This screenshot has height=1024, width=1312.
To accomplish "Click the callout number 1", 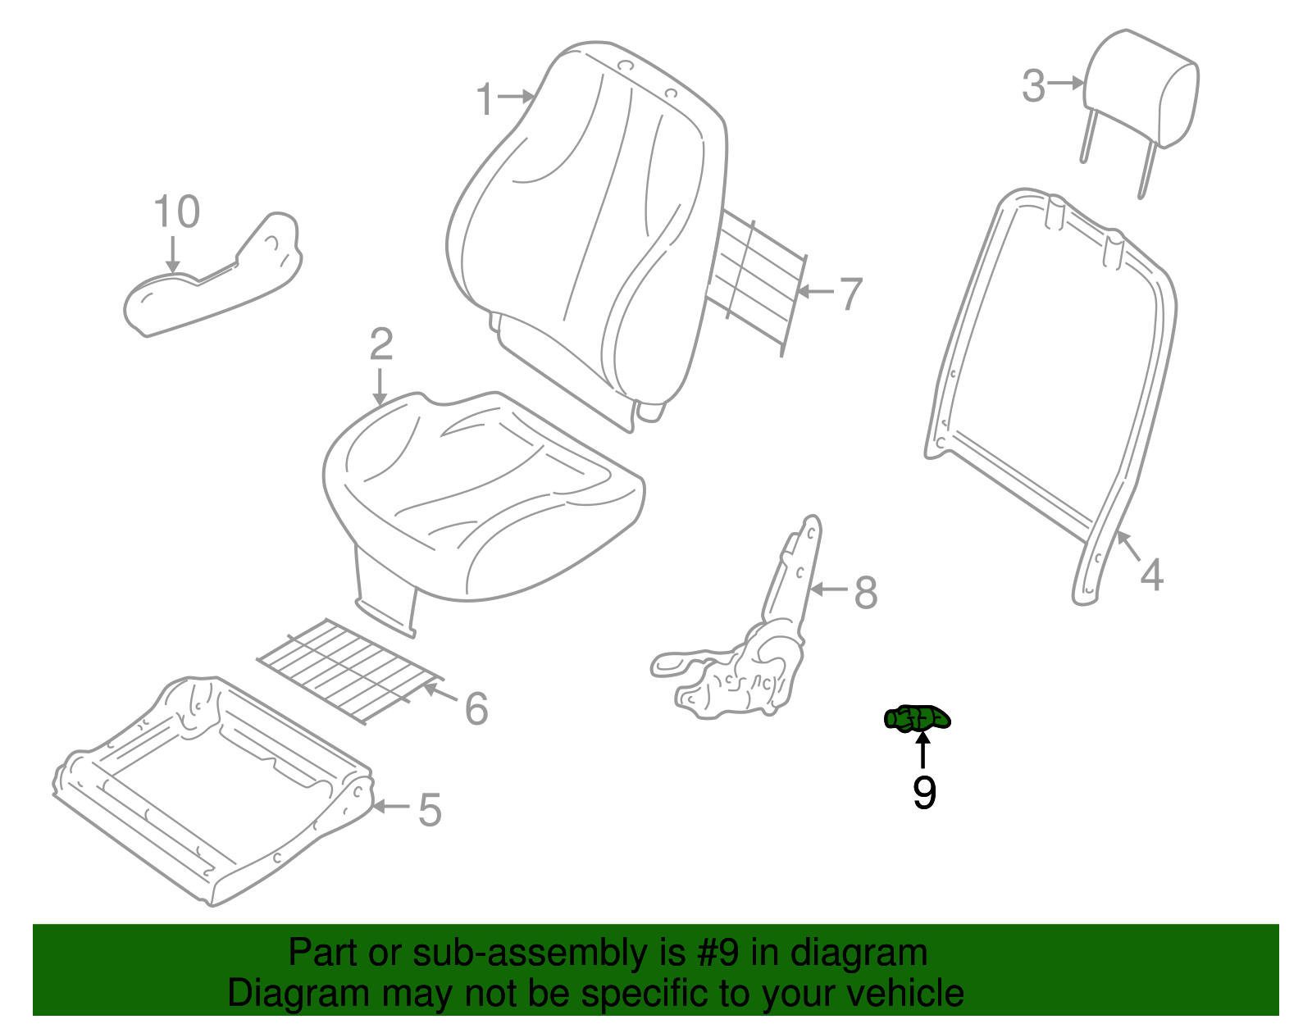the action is pyautogui.click(x=485, y=98).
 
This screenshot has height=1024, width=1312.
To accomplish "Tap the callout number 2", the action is pyautogui.click(x=381, y=344).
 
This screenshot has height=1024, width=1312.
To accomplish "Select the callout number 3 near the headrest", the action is pyautogui.click(x=1033, y=86).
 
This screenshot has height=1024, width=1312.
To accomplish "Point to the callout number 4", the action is pyautogui.click(x=1151, y=575).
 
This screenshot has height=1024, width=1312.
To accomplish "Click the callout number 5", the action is pyautogui.click(x=430, y=810).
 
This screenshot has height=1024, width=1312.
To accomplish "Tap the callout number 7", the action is pyautogui.click(x=851, y=294).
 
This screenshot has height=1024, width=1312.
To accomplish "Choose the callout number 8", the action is pyautogui.click(x=866, y=592).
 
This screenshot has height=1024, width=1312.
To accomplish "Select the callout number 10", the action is pyautogui.click(x=177, y=212).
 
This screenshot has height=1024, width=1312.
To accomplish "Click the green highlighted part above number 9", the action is pyautogui.click(x=917, y=719).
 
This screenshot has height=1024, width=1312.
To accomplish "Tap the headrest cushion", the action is pyautogui.click(x=1141, y=90).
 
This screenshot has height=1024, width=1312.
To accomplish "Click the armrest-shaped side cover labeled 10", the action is pyautogui.click(x=212, y=275).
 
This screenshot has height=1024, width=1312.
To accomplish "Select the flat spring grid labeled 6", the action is pyautogui.click(x=350, y=671).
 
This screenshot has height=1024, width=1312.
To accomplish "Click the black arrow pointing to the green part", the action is pyautogui.click(x=922, y=749).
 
